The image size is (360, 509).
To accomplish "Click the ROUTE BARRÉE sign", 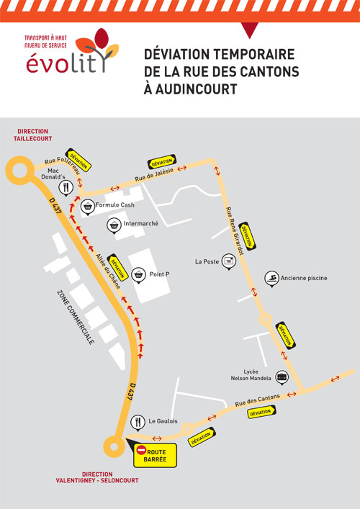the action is [155, 456].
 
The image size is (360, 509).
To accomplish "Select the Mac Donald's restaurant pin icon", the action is [66, 188].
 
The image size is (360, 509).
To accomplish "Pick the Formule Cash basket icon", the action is [87, 207].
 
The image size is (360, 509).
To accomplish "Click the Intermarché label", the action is [141, 224].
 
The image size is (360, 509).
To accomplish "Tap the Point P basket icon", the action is [138, 275].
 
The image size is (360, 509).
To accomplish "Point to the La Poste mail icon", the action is [229, 261].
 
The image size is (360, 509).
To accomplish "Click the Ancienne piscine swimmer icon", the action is [271, 279].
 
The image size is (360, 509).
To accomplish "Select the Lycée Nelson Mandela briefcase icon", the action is [282, 377].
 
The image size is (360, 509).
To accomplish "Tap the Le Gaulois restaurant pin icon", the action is [138, 423].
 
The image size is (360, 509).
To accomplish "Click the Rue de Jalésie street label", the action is [154, 175].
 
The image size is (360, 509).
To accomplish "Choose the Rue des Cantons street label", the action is [258, 400].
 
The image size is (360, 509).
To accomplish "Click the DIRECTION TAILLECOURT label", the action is [33, 135].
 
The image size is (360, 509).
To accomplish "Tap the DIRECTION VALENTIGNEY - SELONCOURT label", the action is [97, 477].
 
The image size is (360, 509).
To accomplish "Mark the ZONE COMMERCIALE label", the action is [76, 317].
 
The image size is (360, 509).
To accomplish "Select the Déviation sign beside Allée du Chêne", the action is [117, 267].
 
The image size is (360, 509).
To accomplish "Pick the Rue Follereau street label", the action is [63, 164].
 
